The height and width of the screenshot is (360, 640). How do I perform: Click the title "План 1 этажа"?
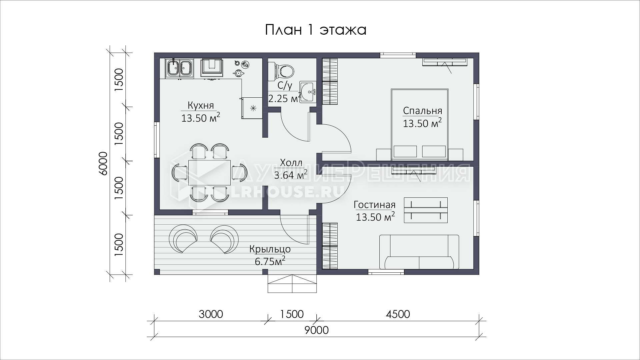pos(316,30)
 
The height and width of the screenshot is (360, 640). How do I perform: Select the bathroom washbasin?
pos(307,91)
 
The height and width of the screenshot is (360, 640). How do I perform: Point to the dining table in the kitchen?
pos(209,172)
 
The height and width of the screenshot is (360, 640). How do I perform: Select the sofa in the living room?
pos(419,252)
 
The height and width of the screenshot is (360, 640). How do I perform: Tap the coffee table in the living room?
pos(426,210)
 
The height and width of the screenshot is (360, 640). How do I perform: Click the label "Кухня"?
pos(201,105)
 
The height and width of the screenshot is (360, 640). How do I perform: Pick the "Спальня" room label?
pos(422,111)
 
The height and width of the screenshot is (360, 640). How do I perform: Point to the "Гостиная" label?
pos(375,205)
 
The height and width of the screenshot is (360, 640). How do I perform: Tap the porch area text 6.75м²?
pos(270,261)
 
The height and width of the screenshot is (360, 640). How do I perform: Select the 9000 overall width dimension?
pos(316,330)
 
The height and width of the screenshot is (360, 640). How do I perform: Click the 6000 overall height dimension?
pos(104,163)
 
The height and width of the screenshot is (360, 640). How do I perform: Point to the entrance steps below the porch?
pos(292,284)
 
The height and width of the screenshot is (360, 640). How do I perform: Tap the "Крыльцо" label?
pos(270,249)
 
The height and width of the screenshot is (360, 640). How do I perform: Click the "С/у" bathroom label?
pos(284,86)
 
